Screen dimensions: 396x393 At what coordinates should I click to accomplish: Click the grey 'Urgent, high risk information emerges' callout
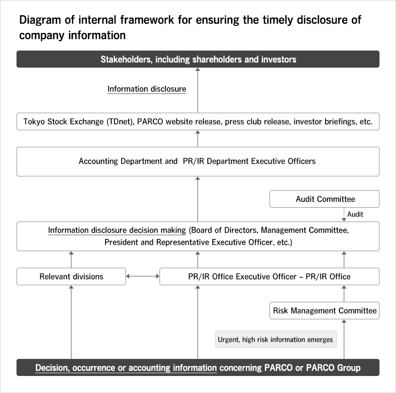[x=276, y=339]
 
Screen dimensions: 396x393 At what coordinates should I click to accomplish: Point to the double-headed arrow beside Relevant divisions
[x=142, y=276]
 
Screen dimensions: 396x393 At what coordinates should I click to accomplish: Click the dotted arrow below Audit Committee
[x=344, y=214]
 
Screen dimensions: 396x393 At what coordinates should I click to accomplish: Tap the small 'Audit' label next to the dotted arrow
[x=355, y=214]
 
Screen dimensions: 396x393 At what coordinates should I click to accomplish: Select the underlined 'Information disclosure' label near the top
[x=147, y=89]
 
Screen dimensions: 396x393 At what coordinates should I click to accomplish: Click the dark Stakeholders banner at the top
[x=198, y=59]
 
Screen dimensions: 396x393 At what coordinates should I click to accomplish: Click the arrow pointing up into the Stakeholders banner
[x=198, y=90]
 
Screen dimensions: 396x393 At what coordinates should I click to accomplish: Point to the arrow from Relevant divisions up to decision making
[x=71, y=259]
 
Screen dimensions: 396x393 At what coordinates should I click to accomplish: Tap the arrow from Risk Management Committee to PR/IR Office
[x=344, y=294]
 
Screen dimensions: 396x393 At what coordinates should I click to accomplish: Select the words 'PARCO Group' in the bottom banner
[x=333, y=368]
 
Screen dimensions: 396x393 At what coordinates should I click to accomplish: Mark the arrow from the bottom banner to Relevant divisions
[x=71, y=322]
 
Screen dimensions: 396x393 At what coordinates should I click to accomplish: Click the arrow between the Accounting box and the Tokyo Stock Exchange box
[x=198, y=139]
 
